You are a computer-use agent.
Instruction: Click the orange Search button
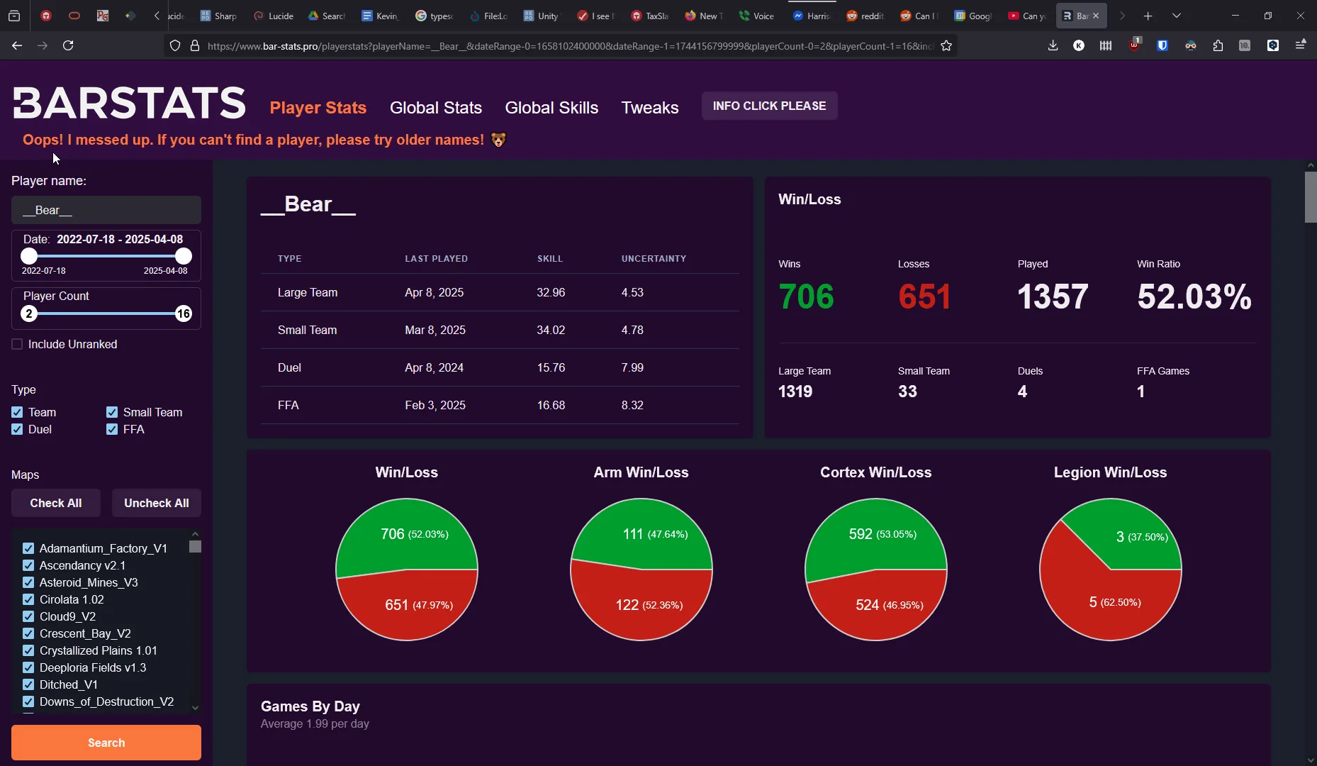[106, 743]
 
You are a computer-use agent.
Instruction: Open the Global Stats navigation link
[435, 108]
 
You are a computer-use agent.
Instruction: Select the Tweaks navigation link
[649, 108]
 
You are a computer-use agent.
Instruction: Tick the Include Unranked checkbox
[18, 344]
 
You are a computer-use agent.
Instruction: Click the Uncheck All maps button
[156, 503]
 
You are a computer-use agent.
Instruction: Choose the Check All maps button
[56, 503]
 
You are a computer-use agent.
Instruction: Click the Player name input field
[106, 210]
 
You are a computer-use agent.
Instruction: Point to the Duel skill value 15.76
[551, 367]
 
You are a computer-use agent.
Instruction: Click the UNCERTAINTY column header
[654, 259]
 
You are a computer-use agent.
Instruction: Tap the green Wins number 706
[806, 296]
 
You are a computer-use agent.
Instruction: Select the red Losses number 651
[924, 296]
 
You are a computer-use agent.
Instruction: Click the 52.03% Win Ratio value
[1194, 296]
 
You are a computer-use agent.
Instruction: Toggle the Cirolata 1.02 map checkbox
[28, 599]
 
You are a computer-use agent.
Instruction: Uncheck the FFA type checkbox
[112, 429]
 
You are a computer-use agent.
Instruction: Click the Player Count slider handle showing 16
[184, 313]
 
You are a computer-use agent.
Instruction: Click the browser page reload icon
[68, 45]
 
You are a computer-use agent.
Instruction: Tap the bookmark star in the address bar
[946, 46]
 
